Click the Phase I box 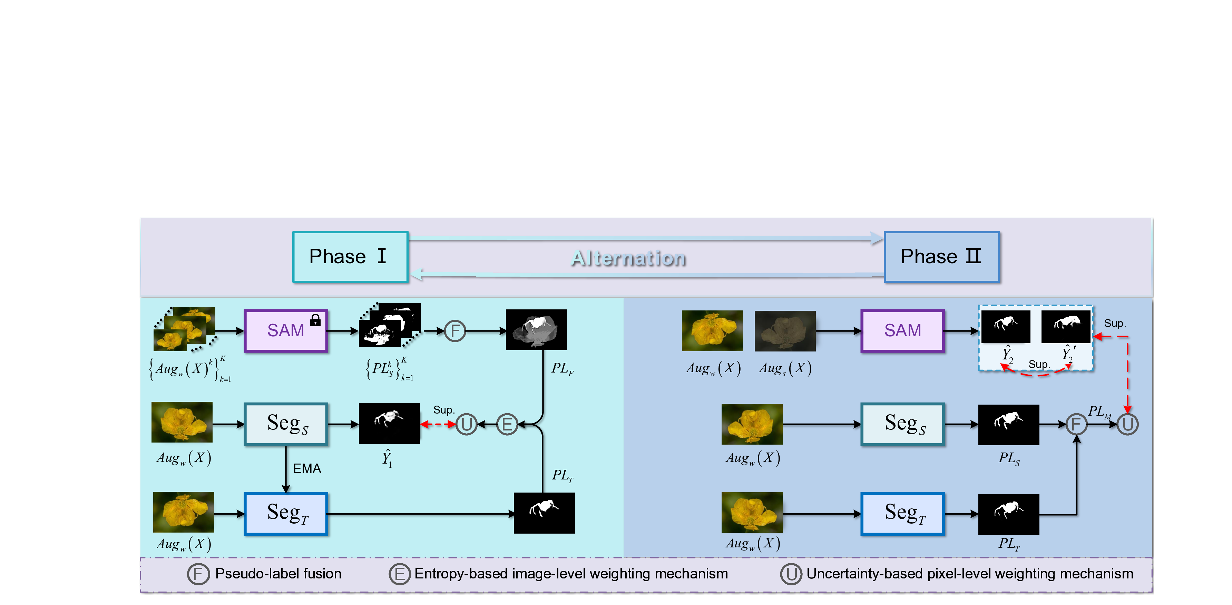(350, 257)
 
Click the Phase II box (941, 257)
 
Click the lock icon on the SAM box (315, 320)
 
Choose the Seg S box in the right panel (902, 424)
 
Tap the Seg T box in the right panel (902, 514)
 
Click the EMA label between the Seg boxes (306, 468)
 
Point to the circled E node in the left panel (507, 424)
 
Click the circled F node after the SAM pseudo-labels (455, 331)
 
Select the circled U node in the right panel (1127, 424)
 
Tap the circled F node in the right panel (1076, 424)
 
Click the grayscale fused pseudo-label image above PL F (536, 330)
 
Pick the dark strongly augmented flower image (785, 331)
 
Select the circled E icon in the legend (399, 574)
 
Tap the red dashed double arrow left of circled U (438, 424)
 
